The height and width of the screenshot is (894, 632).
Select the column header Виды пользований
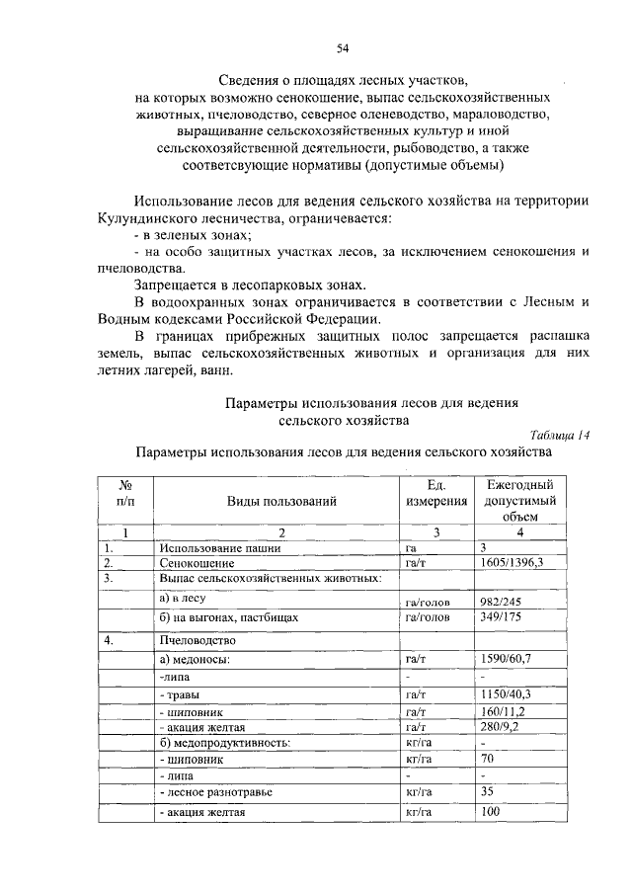click(x=280, y=501)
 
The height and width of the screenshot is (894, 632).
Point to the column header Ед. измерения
click(x=435, y=493)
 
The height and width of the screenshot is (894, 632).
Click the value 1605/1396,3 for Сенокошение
click(x=519, y=562)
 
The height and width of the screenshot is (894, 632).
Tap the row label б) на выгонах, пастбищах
click(x=229, y=617)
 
